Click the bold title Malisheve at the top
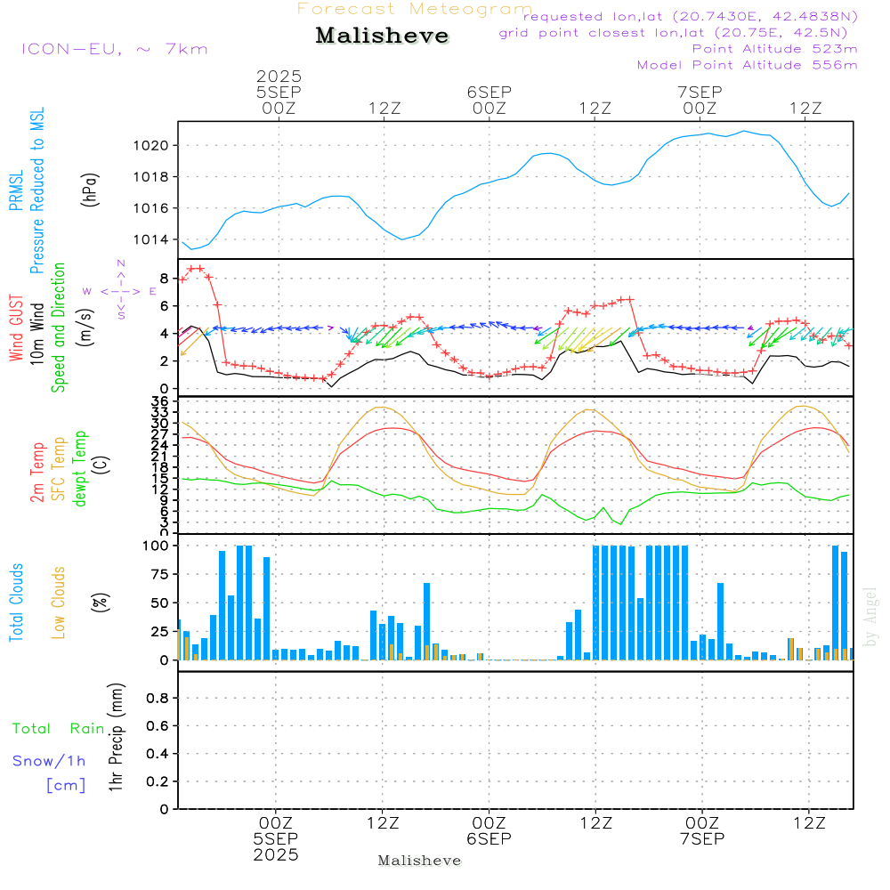[383, 36]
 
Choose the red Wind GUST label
[16, 329]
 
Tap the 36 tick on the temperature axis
[160, 402]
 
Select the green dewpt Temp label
[80, 469]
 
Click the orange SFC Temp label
[59, 469]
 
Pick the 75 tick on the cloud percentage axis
[157, 575]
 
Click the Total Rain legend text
[59, 729]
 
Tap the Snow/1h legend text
[50, 761]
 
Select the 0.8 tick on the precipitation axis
[158, 699]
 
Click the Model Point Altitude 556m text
[747, 65]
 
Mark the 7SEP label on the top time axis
[700, 92]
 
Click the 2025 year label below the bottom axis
[276, 854]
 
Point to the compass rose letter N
[121, 263]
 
